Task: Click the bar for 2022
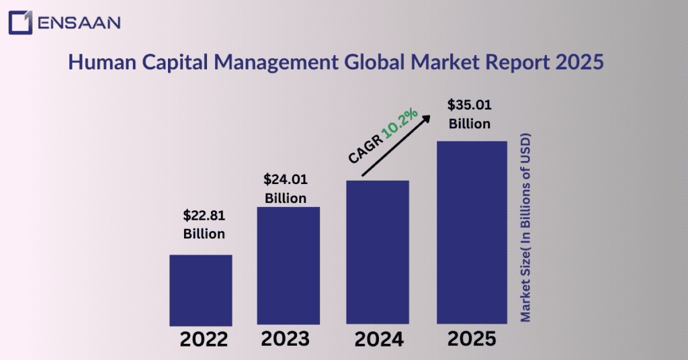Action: (200, 290)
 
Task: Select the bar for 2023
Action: (288, 266)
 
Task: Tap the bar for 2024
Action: (378, 253)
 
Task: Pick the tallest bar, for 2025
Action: (472, 233)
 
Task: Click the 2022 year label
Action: (204, 340)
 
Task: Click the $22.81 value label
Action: (204, 216)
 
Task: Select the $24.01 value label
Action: (285, 180)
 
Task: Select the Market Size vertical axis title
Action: (525, 228)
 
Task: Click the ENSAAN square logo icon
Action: (20, 21)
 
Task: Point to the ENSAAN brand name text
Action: (79, 21)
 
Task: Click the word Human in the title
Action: (97, 63)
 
